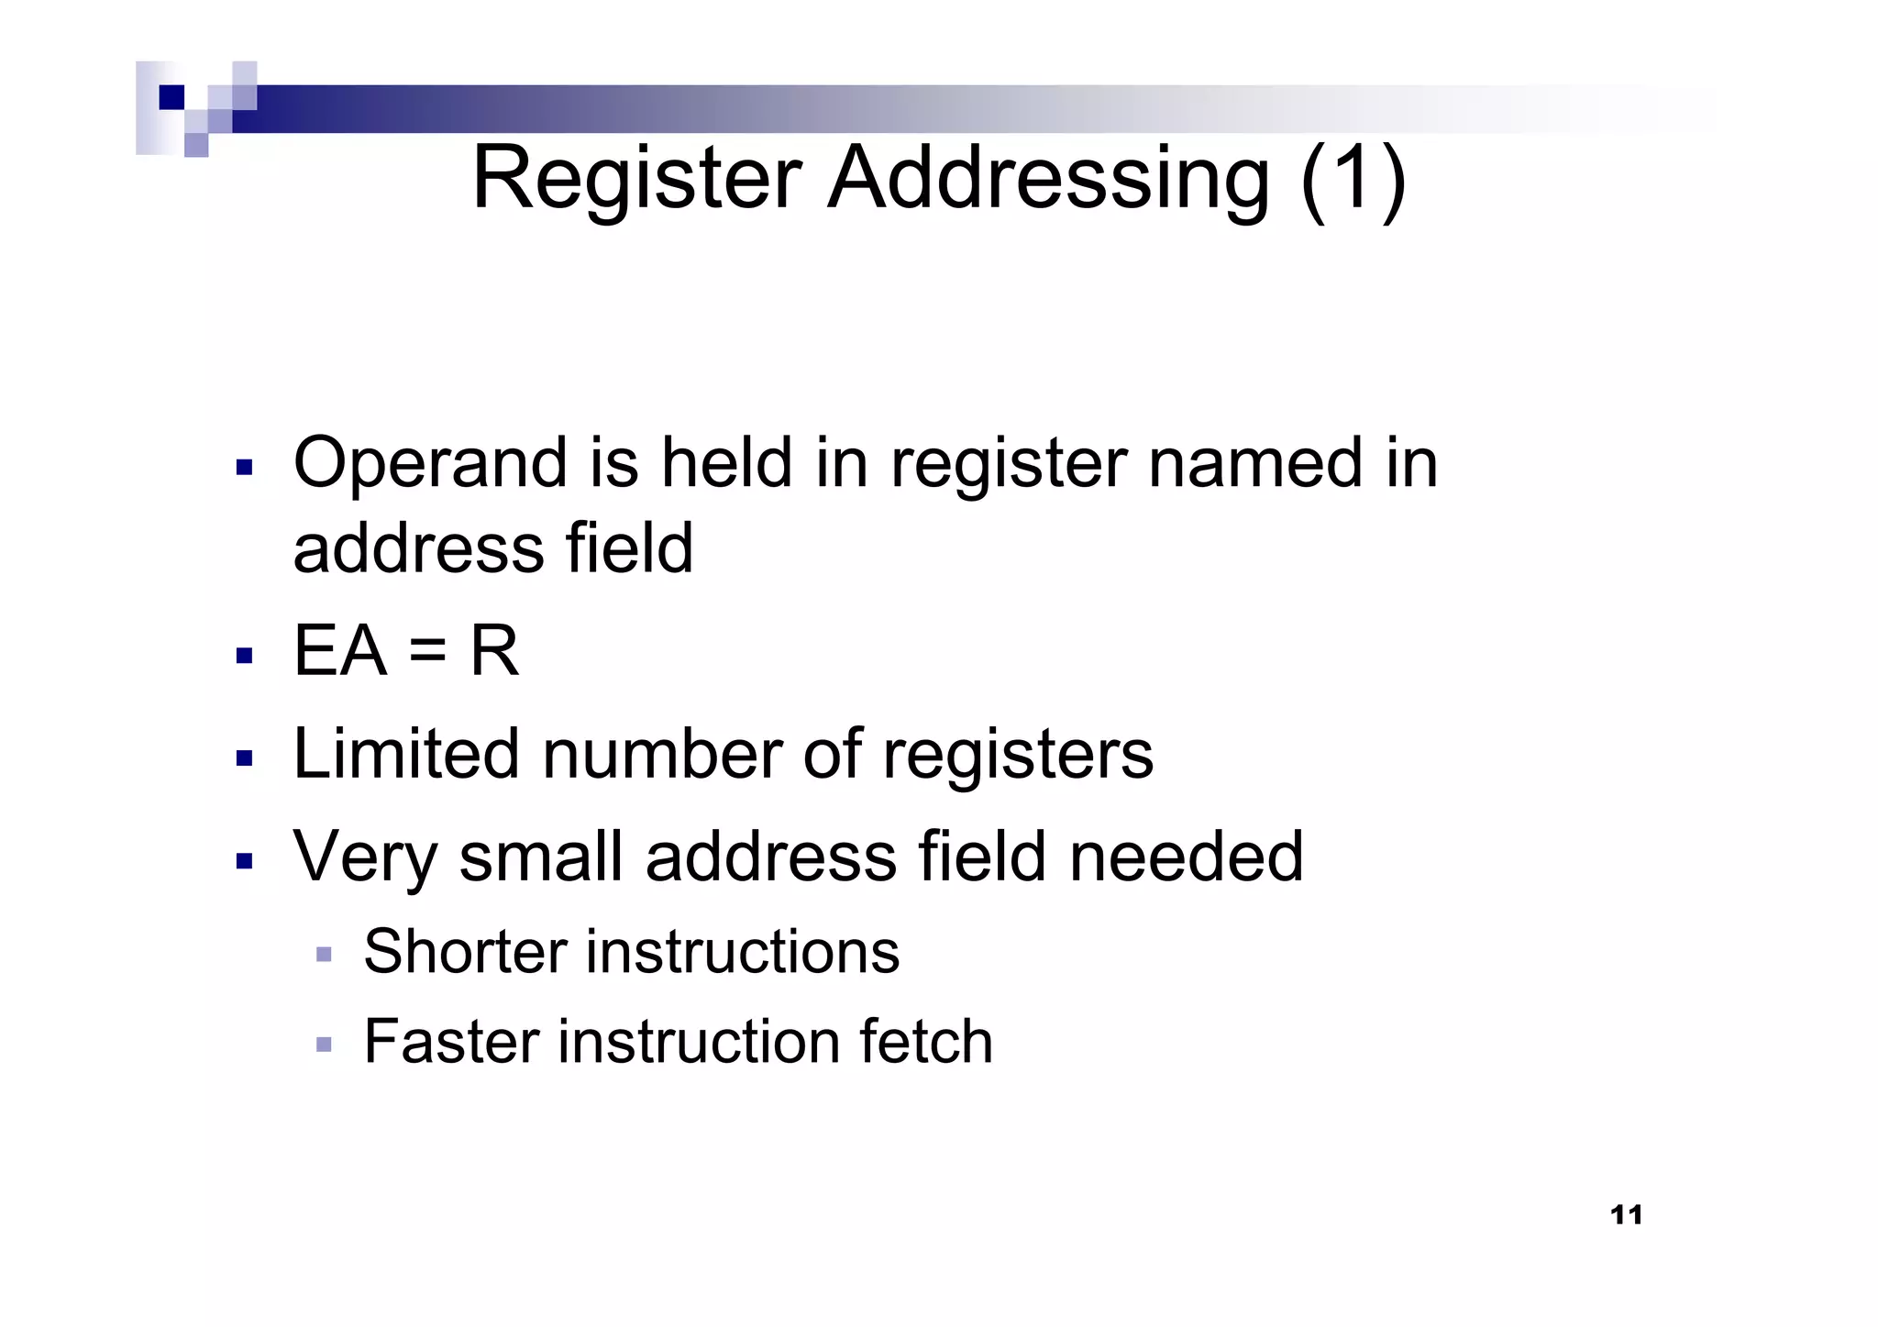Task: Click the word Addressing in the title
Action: click(x=1048, y=179)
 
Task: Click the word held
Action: click(x=726, y=463)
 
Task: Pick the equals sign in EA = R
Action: click(x=427, y=652)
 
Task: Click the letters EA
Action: click(x=339, y=652)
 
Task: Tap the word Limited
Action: click(x=406, y=755)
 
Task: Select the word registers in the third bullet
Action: click(x=1017, y=755)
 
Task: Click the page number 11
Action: click(x=1626, y=1215)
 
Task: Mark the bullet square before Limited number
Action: click(x=244, y=758)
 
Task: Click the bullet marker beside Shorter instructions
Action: click(x=323, y=955)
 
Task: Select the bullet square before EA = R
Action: click(x=244, y=656)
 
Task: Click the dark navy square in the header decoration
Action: click(x=171, y=97)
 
